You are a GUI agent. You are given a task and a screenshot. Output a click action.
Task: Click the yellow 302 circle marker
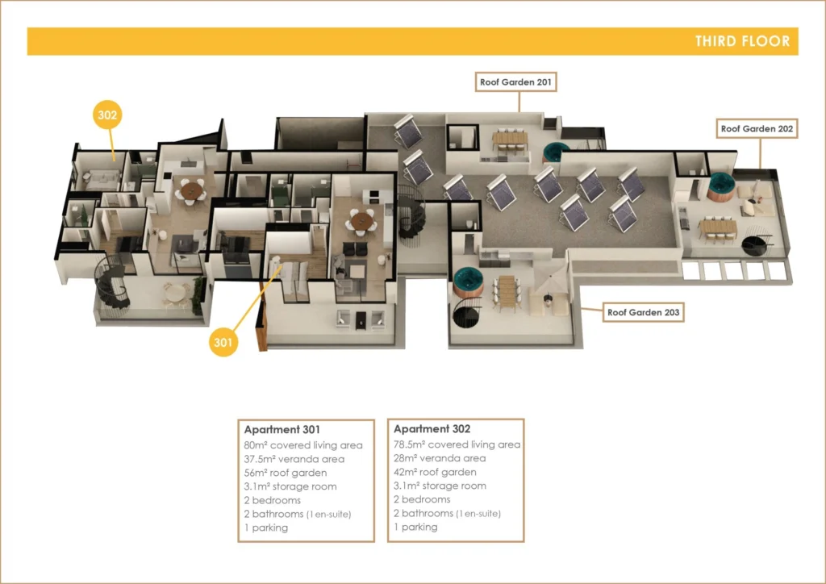click(x=107, y=115)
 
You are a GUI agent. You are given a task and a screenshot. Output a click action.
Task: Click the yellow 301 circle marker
click(x=223, y=342)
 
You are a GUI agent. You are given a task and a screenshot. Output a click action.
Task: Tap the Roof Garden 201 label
click(x=515, y=82)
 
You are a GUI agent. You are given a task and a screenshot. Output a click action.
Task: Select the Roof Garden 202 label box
click(x=757, y=128)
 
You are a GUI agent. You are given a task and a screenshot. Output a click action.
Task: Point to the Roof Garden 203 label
click(x=643, y=312)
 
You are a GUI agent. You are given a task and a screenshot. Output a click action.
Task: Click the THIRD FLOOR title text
click(x=742, y=41)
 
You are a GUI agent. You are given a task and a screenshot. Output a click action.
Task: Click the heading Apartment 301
click(x=282, y=430)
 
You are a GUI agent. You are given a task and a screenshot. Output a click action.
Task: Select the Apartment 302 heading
click(x=432, y=429)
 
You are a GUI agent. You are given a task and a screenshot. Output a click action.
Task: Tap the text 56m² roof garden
click(x=286, y=473)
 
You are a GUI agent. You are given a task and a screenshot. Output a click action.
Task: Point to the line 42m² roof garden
click(x=435, y=473)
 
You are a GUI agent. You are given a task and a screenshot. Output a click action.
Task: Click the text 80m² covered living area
click(x=303, y=445)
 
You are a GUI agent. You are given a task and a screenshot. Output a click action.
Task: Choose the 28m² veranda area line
click(x=440, y=459)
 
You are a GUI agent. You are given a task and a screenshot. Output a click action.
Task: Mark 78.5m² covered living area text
click(x=457, y=445)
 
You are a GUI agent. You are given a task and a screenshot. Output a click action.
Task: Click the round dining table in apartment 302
click(x=191, y=190)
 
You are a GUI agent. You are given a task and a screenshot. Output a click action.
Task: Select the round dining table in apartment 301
click(x=361, y=220)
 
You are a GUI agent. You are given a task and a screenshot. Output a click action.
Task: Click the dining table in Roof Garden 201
click(x=510, y=138)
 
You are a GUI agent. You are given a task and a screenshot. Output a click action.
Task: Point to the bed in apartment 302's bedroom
click(x=101, y=180)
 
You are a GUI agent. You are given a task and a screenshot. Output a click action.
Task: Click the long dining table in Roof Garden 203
click(x=507, y=290)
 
